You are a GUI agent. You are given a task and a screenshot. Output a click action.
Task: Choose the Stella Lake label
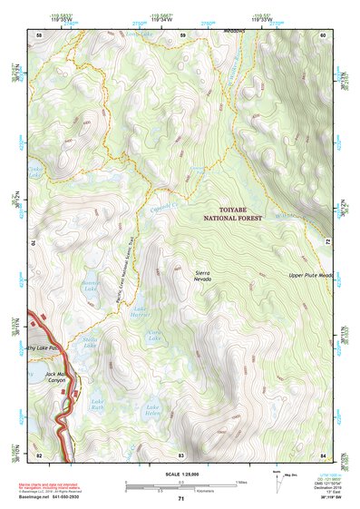pyautogui.click(x=90, y=342)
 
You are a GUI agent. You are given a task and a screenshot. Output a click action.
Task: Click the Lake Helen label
pyautogui.click(x=152, y=413)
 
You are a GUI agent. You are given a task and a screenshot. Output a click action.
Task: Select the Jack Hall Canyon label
pyautogui.click(x=57, y=378)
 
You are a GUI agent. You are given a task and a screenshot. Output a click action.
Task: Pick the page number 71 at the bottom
pyautogui.click(x=180, y=499)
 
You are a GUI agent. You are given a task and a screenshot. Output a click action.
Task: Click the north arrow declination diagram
pyautogui.click(x=277, y=477)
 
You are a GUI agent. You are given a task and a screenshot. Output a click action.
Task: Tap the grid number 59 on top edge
pyautogui.click(x=182, y=34)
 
